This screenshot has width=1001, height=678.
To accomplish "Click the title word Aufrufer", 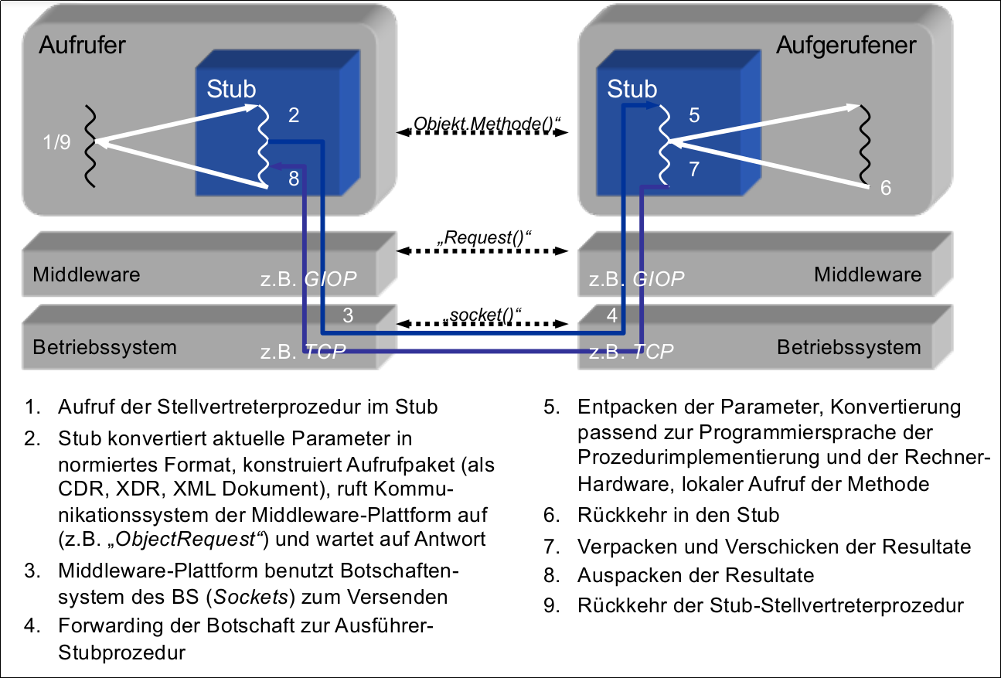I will [x=81, y=45].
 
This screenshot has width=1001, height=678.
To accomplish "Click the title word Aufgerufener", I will [x=846, y=45].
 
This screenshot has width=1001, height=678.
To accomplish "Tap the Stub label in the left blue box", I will [x=231, y=89].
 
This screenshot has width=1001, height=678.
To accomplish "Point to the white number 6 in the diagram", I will [x=886, y=188].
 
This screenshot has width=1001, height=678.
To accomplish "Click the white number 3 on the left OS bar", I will [x=348, y=315].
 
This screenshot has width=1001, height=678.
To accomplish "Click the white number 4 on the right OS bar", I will [x=612, y=315].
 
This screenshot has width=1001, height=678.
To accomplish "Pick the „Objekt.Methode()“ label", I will [x=483, y=123].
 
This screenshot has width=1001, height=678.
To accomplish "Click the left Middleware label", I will [x=87, y=274].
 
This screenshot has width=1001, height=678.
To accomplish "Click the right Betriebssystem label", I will [x=849, y=347].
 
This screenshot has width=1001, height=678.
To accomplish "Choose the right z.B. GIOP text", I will [x=637, y=278].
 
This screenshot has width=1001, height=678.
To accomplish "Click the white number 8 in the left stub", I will [x=293, y=179].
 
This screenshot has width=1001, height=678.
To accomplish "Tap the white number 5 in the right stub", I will [x=693, y=115].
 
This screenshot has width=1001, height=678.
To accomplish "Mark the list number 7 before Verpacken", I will [x=550, y=547].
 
